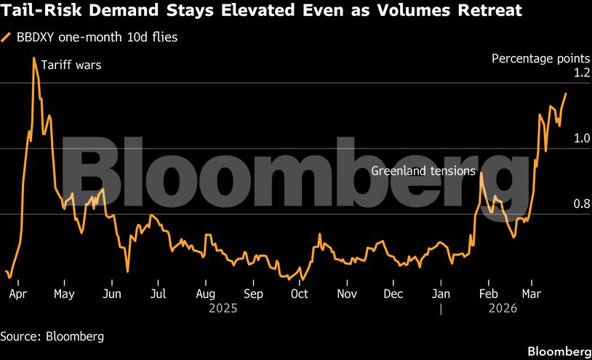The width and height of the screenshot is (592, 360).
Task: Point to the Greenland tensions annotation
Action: (x=423, y=171)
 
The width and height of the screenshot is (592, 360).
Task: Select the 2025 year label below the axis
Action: (x=223, y=308)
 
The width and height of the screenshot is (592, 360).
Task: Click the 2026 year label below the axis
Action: (x=503, y=308)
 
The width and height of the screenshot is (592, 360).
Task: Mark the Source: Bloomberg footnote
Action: (x=52, y=336)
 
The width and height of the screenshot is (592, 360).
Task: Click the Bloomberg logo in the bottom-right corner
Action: (x=559, y=351)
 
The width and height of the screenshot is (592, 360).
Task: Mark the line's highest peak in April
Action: (x=33, y=58)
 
